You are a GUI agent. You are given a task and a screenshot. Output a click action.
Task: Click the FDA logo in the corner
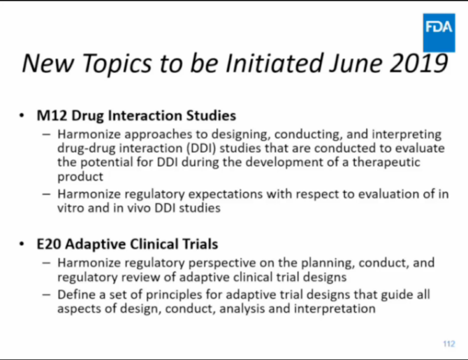438,28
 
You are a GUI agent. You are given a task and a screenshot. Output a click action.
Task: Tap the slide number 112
448,344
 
